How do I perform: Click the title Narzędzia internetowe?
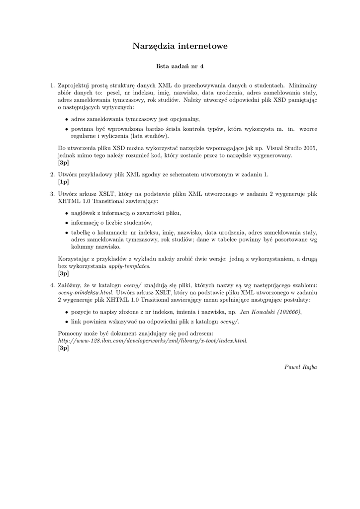[x=180, y=46]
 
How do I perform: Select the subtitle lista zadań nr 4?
[x=180, y=66]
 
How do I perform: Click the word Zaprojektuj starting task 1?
[x=75, y=85]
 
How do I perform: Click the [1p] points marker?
[x=64, y=182]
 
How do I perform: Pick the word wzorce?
[x=308, y=129]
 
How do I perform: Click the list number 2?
[x=52, y=174]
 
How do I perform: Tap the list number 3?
[x=52, y=194]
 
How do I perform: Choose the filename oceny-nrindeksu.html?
[x=85, y=293]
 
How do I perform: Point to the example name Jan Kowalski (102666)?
[x=270, y=312]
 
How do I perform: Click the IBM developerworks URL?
[x=152, y=340]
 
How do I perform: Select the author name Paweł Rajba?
[x=300, y=367]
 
